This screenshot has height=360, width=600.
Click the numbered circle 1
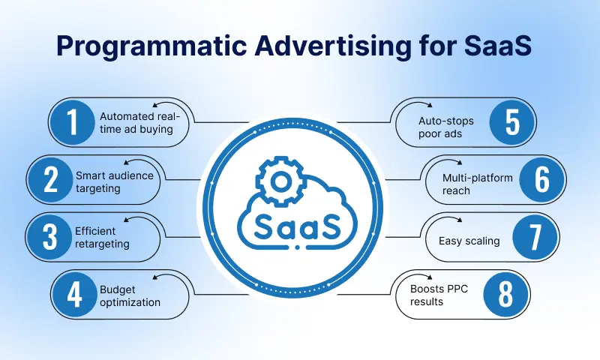click(73, 122)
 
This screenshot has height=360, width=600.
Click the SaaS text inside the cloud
click(298, 224)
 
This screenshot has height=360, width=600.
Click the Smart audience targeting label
click(115, 182)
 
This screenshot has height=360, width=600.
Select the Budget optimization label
click(130, 296)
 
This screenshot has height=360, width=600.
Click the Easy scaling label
click(469, 241)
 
